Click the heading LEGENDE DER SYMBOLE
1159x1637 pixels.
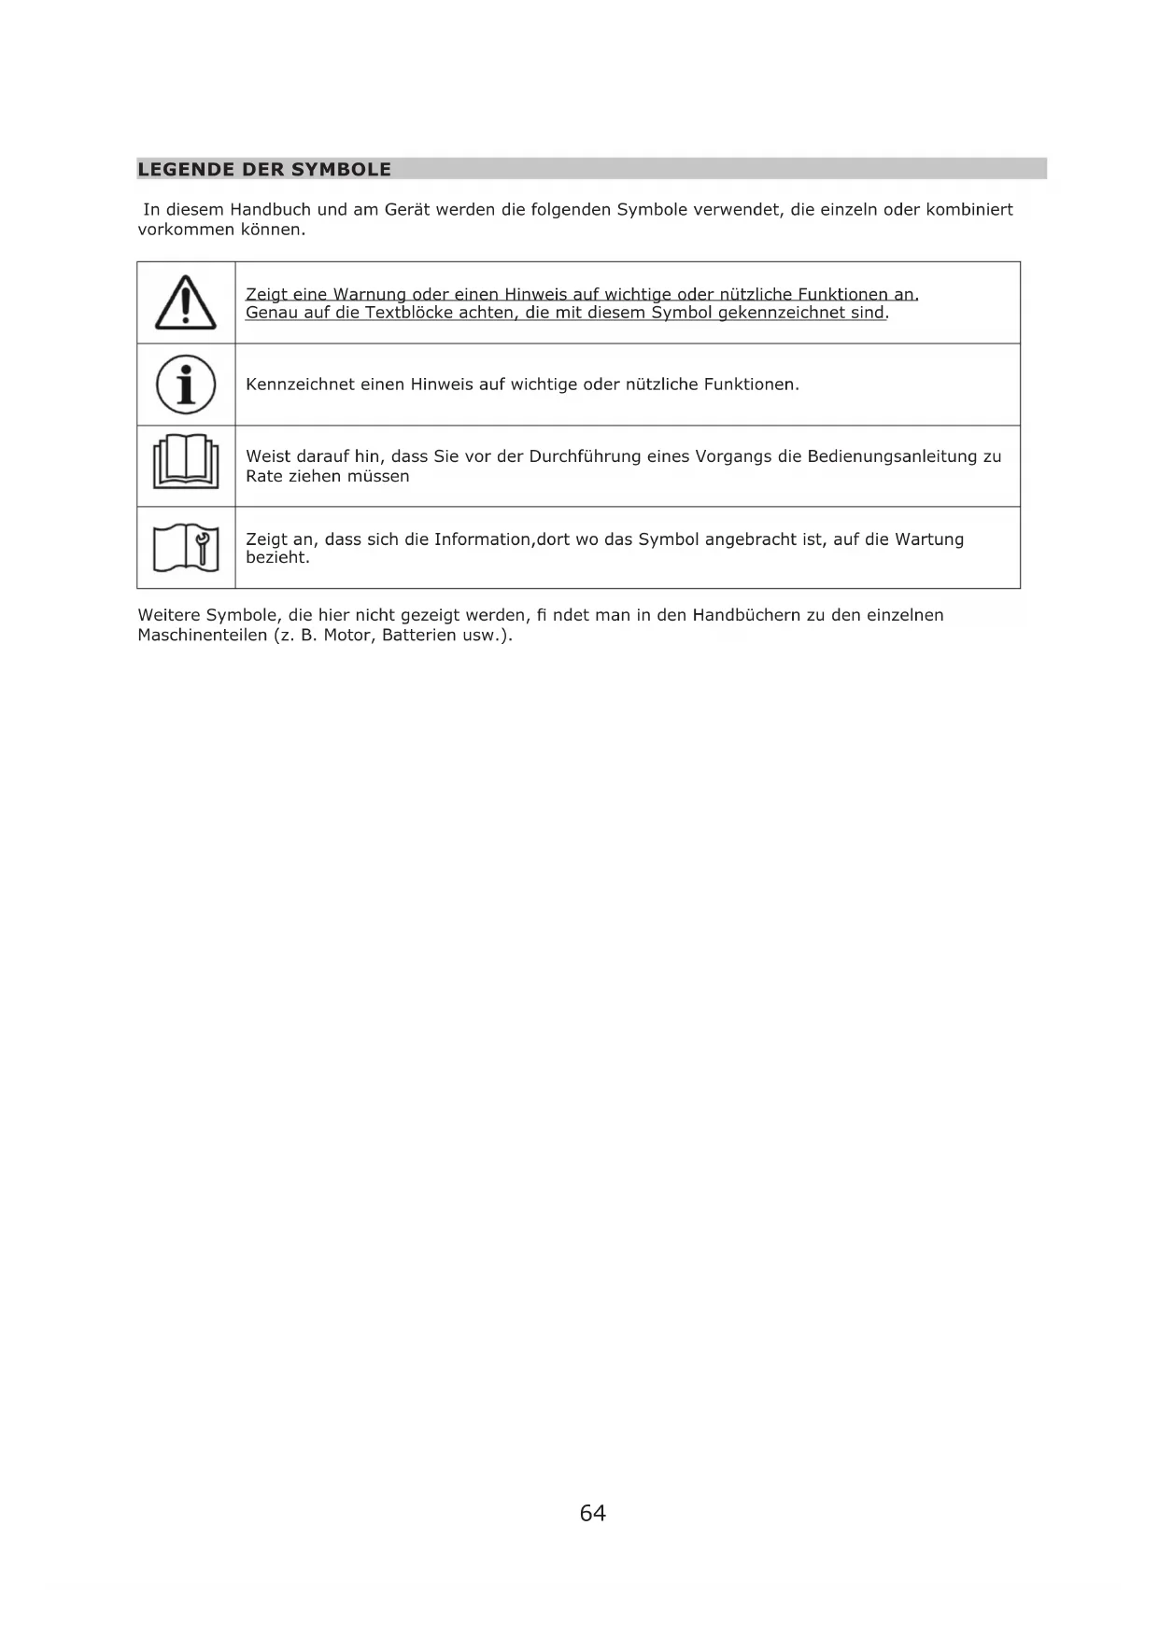coord(264,170)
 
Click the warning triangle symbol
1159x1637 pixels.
coord(186,303)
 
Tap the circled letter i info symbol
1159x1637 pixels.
coord(186,385)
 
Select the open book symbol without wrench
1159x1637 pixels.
coord(186,462)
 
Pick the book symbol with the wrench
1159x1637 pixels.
coord(186,548)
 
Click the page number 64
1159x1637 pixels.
coord(592,1513)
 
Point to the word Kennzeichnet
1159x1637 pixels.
coord(300,385)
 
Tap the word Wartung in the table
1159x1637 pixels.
coord(929,539)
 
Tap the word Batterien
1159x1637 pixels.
coord(419,636)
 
